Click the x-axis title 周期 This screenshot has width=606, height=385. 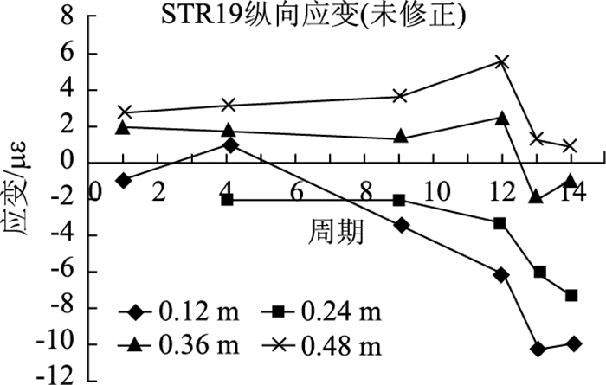[x=335, y=230]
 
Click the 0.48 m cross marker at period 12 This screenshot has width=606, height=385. [x=502, y=61]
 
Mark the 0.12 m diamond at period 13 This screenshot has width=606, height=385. [x=539, y=349]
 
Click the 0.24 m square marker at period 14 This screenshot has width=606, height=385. [x=571, y=295]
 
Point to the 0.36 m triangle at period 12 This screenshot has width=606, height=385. [x=502, y=117]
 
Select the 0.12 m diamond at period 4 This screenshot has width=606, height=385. [x=229, y=145]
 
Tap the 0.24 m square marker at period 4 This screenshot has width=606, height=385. [x=228, y=200]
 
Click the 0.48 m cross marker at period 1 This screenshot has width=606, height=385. [x=125, y=112]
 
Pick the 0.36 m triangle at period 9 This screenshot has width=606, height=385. [x=401, y=137]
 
